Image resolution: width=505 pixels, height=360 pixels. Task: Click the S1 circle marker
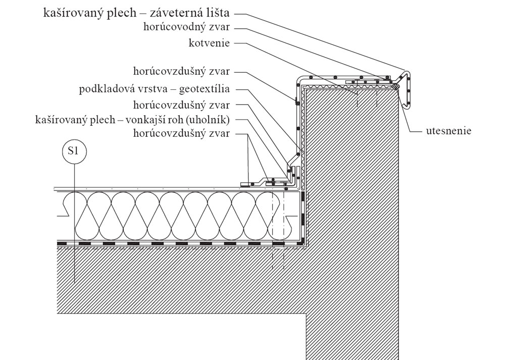click(74, 151)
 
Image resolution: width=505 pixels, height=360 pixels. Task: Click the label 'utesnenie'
click(448, 131)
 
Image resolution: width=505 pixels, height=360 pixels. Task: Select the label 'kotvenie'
click(210, 43)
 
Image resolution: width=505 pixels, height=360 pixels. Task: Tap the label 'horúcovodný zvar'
click(187, 27)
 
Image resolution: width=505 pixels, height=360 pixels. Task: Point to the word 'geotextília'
click(205, 89)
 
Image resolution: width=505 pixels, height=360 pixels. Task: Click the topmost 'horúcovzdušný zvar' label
click(182, 71)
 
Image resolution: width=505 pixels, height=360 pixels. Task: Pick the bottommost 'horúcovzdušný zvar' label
click(182, 133)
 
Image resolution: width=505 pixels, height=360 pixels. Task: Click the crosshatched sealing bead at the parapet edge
click(396, 86)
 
